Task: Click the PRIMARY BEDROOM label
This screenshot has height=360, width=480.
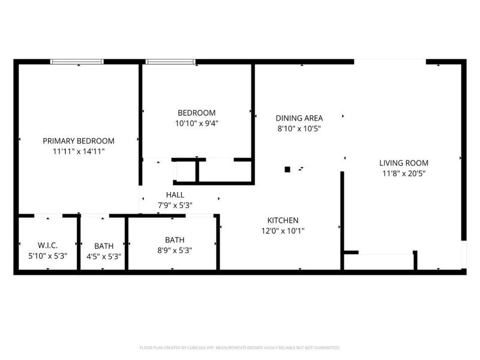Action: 79,141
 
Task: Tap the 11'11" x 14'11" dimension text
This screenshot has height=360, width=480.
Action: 79,152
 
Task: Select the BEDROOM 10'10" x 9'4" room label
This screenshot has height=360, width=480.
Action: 196,113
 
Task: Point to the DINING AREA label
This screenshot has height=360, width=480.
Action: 299,118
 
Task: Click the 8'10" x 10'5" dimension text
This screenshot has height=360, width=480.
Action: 299,128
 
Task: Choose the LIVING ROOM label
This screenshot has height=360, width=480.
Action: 404,163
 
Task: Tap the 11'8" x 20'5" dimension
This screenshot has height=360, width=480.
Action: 404,173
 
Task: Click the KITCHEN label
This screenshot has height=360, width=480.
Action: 283,220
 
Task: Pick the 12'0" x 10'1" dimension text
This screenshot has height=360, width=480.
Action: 283,231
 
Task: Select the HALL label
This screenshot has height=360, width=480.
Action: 175,195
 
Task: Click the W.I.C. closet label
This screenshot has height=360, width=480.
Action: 47,245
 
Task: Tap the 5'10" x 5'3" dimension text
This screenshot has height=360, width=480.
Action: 47,256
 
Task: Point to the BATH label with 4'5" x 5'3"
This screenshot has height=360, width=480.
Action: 104,245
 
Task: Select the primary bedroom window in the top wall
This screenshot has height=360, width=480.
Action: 76,61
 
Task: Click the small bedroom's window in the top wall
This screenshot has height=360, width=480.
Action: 171,61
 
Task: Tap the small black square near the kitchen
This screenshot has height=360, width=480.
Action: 287,169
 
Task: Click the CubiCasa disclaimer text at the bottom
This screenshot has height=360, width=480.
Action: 239,347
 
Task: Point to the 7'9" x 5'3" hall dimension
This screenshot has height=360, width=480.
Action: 175,206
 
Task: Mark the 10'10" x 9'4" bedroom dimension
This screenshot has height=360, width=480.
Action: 196,124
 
